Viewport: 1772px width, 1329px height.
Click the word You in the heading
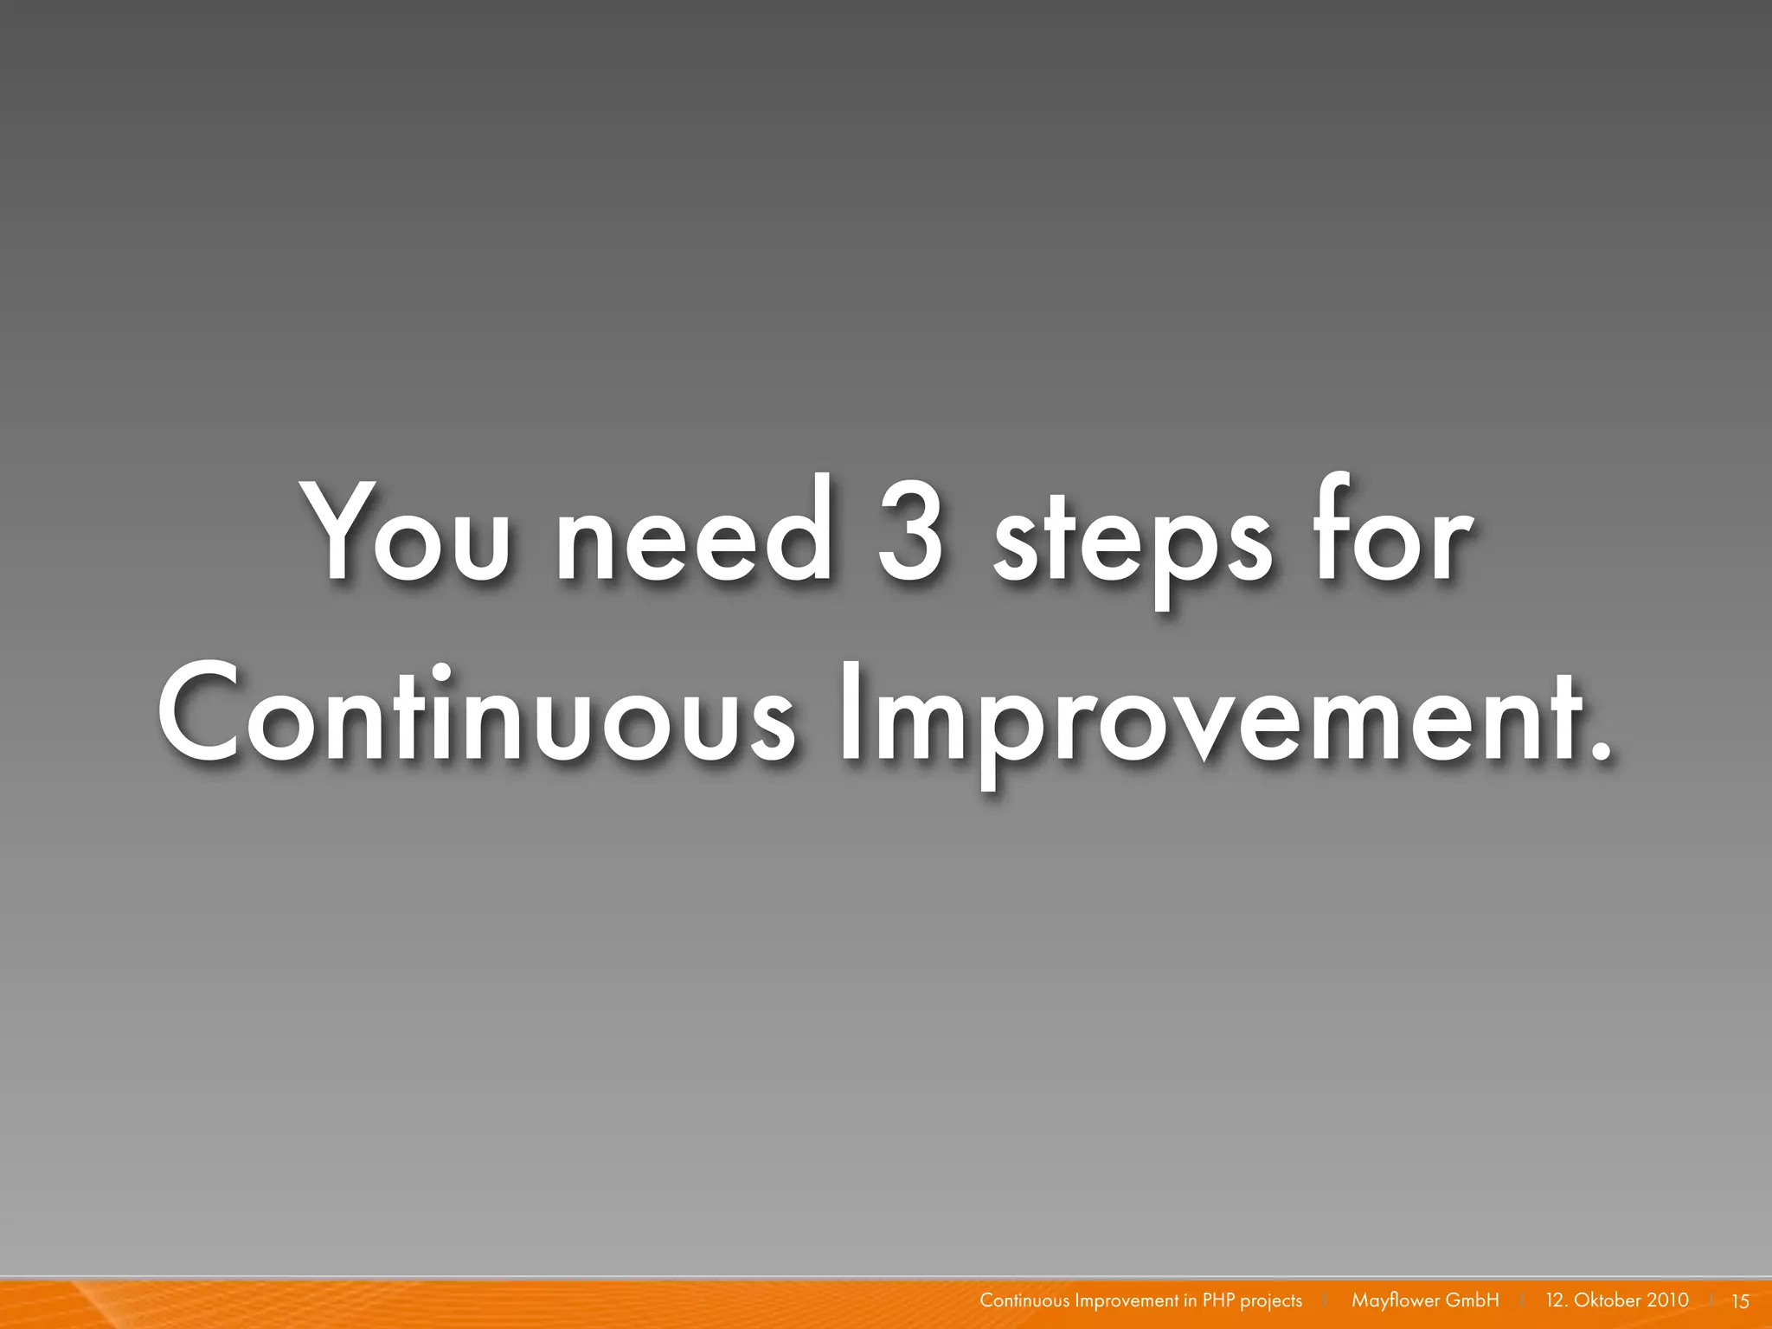(407, 532)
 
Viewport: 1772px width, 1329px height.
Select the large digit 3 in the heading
(909, 532)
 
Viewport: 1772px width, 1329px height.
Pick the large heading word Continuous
(475, 714)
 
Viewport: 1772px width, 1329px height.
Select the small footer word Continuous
(1024, 1300)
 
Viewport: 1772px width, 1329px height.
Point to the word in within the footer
(1191, 1300)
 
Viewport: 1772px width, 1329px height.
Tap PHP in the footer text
(1219, 1300)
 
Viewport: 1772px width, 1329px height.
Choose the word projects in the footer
(1271, 1301)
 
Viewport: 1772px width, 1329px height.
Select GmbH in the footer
(1473, 1300)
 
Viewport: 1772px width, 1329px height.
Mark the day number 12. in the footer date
(1556, 1300)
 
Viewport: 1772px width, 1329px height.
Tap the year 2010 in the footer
(1667, 1300)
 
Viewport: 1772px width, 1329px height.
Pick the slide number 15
(1740, 1301)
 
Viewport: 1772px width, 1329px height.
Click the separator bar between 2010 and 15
(1711, 1300)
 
